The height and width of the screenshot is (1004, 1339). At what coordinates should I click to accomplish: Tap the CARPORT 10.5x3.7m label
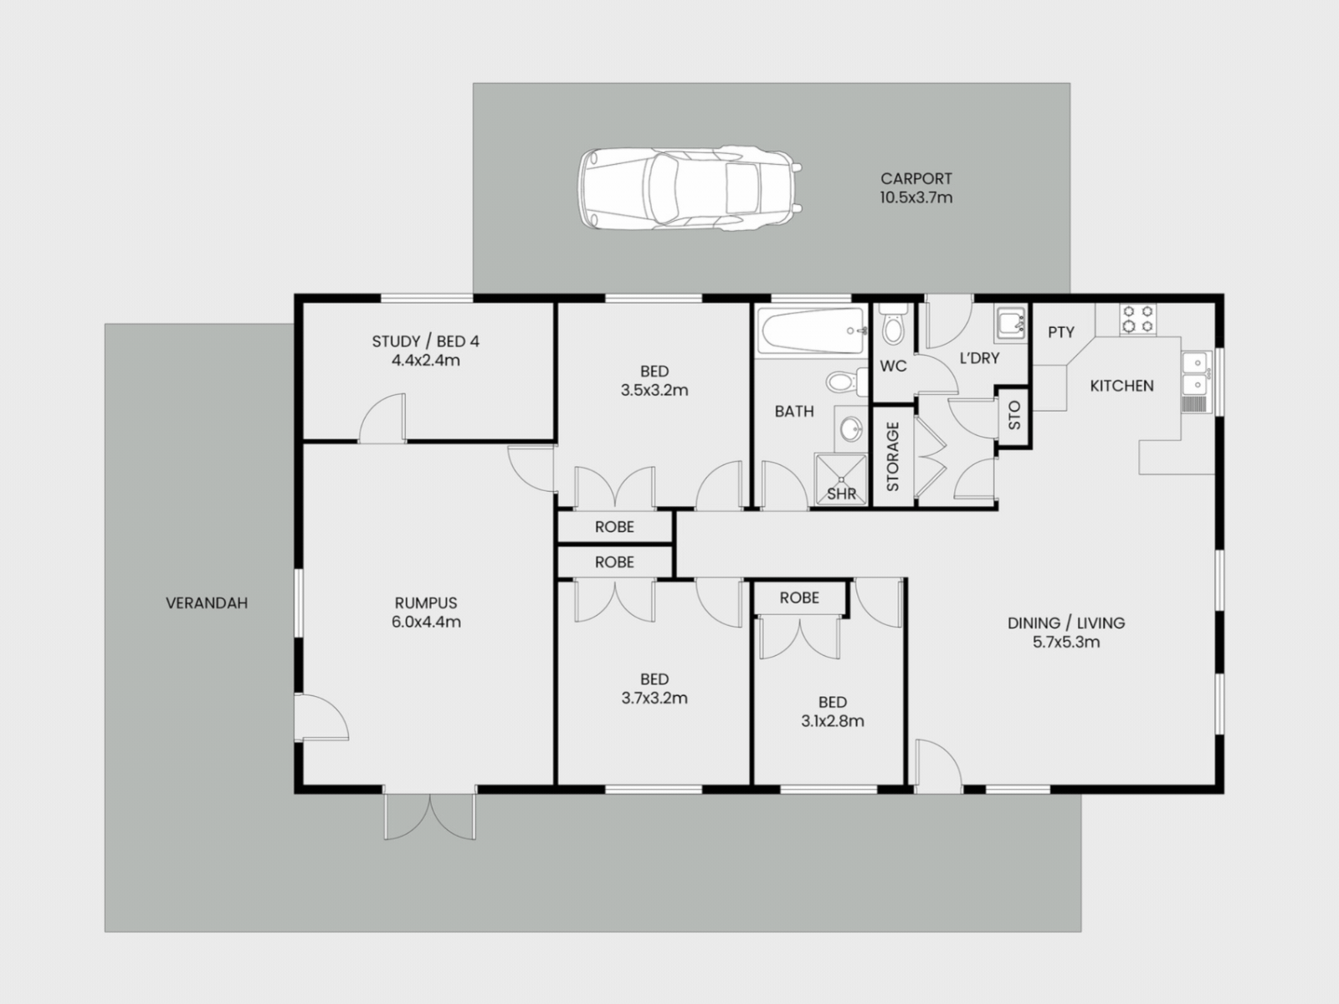pyautogui.click(x=916, y=187)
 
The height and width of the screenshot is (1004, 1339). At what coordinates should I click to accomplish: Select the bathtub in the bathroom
pyautogui.click(x=811, y=330)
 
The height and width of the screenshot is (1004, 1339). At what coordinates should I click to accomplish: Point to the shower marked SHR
pyautogui.click(x=841, y=479)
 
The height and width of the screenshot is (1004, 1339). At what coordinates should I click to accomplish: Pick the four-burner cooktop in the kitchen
pyautogui.click(x=1137, y=319)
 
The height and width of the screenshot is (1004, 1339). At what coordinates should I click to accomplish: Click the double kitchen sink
pyautogui.click(x=1196, y=372)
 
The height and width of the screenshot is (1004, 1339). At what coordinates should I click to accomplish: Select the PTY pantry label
pyautogui.click(x=1061, y=332)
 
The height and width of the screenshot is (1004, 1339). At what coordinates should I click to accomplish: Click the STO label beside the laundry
pyautogui.click(x=1013, y=414)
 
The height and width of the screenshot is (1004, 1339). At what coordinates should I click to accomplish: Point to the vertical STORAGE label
pyautogui.click(x=892, y=457)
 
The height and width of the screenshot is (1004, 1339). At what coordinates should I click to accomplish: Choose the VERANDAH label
pyautogui.click(x=207, y=603)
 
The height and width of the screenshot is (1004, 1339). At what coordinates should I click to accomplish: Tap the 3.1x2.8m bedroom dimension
pyautogui.click(x=832, y=721)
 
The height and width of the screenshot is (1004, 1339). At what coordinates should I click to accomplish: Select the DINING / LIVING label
pyautogui.click(x=1066, y=623)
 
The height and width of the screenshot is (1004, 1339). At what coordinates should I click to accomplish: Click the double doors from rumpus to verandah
pyautogui.click(x=430, y=817)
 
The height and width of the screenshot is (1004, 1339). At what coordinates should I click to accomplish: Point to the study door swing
pyautogui.click(x=382, y=418)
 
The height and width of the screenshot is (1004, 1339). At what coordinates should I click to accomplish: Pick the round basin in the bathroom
pyautogui.click(x=850, y=428)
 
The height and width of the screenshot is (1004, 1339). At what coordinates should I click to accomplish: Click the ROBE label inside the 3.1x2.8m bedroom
pyautogui.click(x=799, y=598)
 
